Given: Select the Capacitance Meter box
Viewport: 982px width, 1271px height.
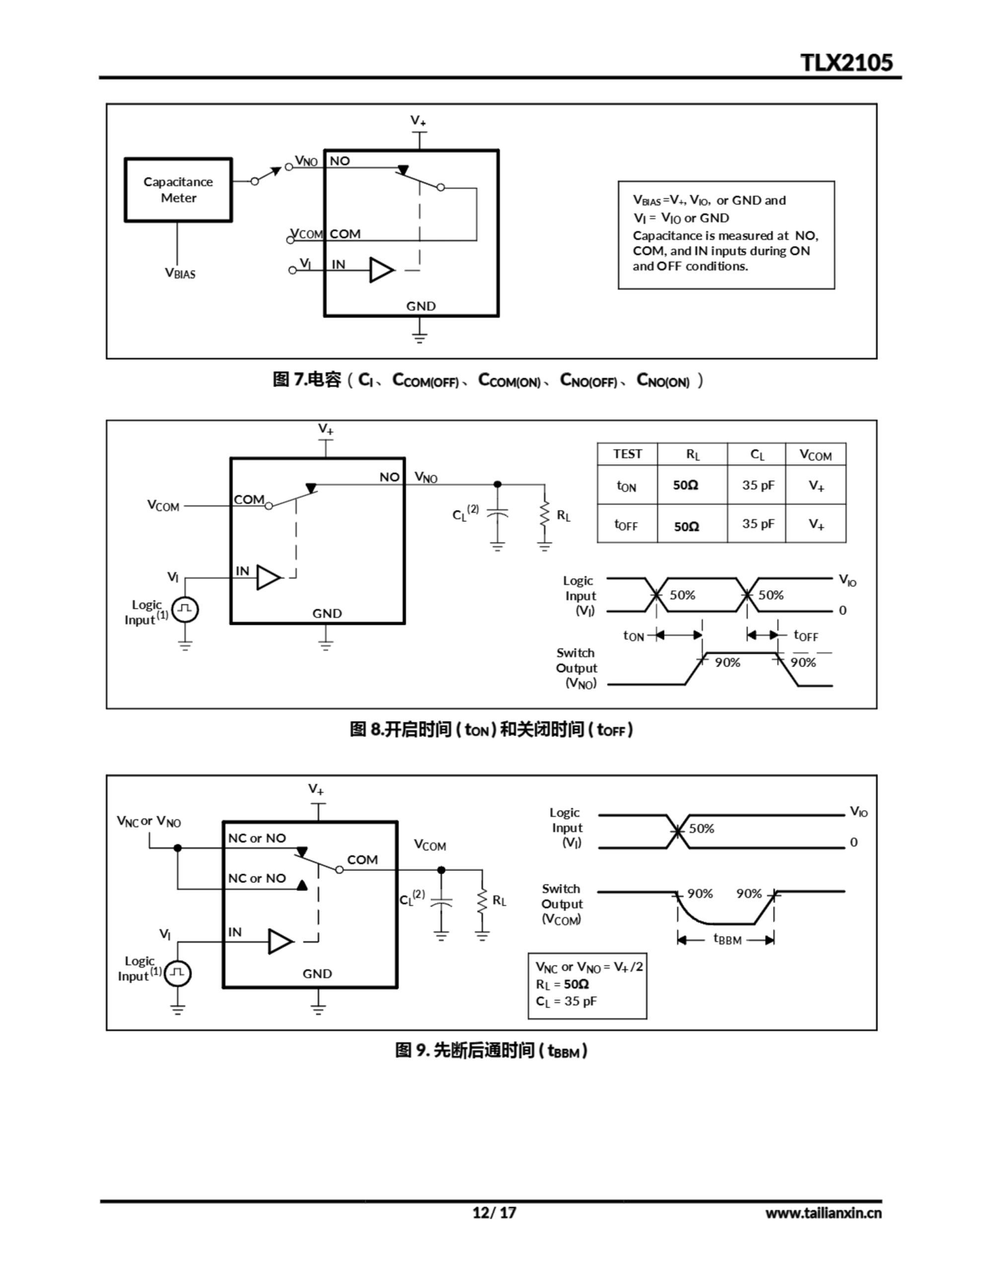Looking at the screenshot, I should (178, 190).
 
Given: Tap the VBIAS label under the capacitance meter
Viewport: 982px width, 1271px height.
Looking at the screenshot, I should (180, 273).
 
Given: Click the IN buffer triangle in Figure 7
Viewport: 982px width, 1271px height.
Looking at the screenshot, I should (381, 270).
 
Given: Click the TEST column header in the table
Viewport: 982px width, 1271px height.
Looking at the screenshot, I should (627, 454).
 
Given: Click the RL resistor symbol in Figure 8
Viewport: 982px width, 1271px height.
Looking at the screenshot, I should (544, 515).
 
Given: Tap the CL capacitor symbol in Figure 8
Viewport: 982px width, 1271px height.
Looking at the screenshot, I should (497, 514).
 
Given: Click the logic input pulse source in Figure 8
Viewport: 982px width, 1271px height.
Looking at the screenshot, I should (185, 609).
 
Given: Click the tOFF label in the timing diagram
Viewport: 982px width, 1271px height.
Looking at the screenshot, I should (806, 635).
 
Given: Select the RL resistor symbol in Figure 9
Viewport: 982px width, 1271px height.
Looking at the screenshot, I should (482, 901).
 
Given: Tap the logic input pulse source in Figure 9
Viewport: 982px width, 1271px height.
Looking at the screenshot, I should (178, 973).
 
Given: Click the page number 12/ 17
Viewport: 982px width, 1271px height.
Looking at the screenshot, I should (493, 1212).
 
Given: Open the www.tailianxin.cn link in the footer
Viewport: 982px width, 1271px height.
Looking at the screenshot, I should (823, 1213).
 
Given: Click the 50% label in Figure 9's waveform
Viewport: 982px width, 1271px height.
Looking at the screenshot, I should (701, 828).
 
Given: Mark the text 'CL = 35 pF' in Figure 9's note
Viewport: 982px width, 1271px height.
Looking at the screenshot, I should (566, 1001).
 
